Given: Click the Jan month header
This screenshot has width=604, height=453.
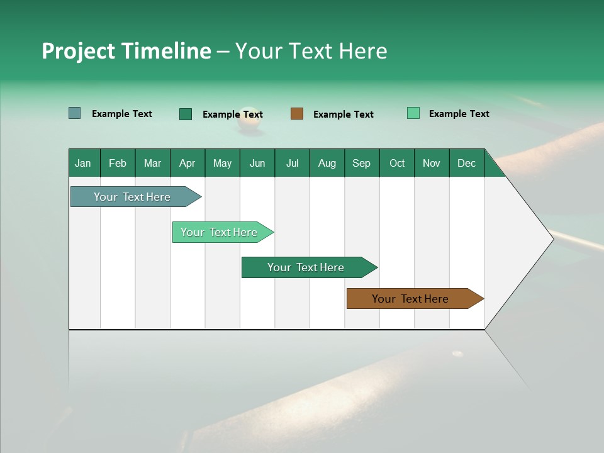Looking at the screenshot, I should pyautogui.click(x=84, y=163).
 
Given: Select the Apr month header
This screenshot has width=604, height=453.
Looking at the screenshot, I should pyautogui.click(x=187, y=163).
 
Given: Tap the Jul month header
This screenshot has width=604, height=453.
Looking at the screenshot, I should pyautogui.click(x=293, y=163).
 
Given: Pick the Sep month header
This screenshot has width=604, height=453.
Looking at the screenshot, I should pyautogui.click(x=362, y=163).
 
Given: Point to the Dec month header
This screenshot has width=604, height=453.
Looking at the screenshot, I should pyautogui.click(x=467, y=163).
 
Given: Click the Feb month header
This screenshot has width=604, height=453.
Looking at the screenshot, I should pyautogui.click(x=118, y=163).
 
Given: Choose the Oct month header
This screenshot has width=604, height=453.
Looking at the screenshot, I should pyautogui.click(x=397, y=163).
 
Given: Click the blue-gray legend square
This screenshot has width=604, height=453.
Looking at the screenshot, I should pyautogui.click(x=75, y=113).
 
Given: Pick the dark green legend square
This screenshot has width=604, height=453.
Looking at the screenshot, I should pyautogui.click(x=186, y=114).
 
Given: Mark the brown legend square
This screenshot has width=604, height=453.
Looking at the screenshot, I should pyautogui.click(x=297, y=113).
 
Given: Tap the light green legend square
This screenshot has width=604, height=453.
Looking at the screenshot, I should pyautogui.click(x=413, y=113).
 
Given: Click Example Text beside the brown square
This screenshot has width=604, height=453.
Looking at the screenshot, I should pyautogui.click(x=343, y=115).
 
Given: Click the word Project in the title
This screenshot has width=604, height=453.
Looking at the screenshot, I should pyautogui.click(x=79, y=51).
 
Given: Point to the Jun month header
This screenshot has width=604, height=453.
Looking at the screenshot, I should pyautogui.click(x=257, y=163).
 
